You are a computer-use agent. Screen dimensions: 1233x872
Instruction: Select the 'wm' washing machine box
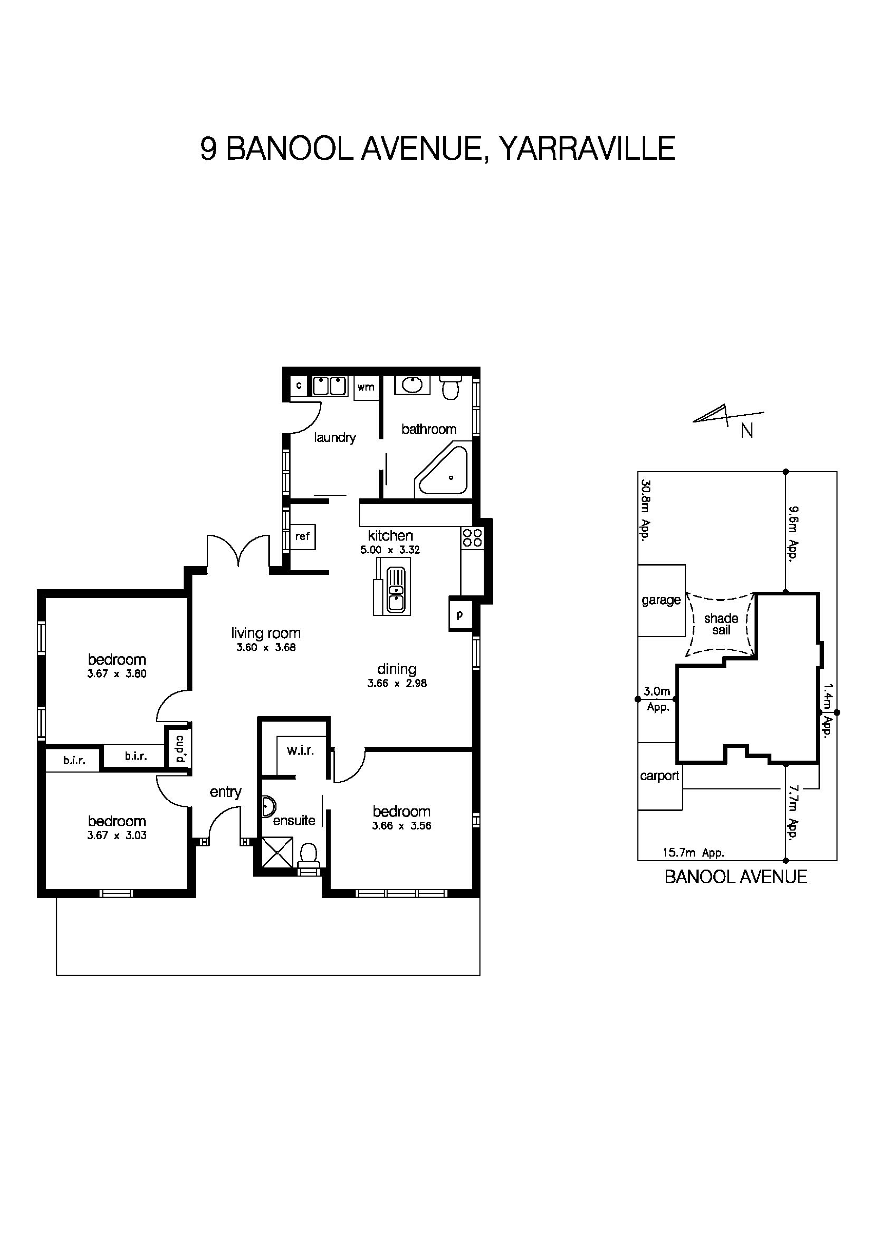(x=366, y=387)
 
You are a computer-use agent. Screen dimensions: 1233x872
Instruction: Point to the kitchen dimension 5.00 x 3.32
(x=390, y=550)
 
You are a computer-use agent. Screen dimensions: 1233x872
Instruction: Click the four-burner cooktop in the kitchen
(x=472, y=537)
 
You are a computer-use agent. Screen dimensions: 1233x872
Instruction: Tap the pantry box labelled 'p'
(x=460, y=614)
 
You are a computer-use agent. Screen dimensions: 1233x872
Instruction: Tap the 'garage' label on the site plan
(x=661, y=600)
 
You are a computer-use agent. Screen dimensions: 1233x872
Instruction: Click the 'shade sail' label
(x=721, y=624)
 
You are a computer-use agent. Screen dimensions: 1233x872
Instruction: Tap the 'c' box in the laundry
(x=299, y=386)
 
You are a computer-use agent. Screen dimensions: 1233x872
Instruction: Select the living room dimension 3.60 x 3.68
(x=266, y=648)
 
